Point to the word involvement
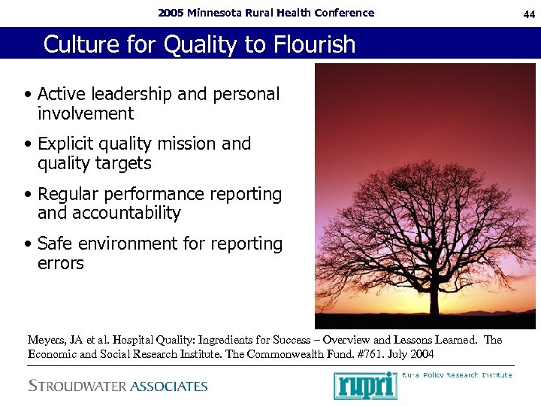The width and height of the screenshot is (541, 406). pyautogui.click(x=85, y=114)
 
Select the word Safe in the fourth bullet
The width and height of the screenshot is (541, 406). pyautogui.click(x=54, y=244)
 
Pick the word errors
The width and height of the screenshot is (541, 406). pyautogui.click(x=60, y=264)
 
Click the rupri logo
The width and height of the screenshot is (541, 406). pyautogui.click(x=364, y=386)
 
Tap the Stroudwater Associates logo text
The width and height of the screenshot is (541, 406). pyautogui.click(x=118, y=386)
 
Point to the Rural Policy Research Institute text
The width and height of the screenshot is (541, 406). pyautogui.click(x=457, y=375)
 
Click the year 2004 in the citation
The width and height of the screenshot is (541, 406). pyautogui.click(x=421, y=354)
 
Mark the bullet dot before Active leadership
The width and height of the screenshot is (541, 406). pyautogui.click(x=28, y=95)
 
